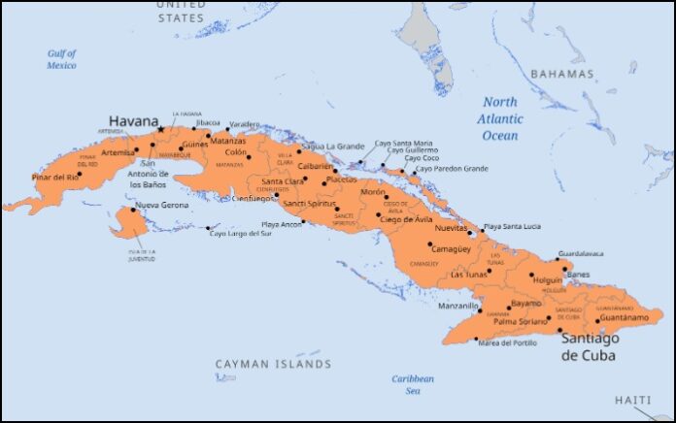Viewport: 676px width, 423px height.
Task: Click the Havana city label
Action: (132, 121)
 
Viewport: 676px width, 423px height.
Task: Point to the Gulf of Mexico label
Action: (61, 59)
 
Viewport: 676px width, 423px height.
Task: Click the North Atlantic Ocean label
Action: (501, 118)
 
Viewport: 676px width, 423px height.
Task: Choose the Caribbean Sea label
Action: (413, 384)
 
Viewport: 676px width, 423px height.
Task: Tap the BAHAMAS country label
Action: (561, 74)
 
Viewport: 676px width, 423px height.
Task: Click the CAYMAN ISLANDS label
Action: (273, 365)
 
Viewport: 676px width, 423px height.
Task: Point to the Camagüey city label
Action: (451, 248)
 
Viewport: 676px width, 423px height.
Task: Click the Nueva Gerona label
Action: (161, 206)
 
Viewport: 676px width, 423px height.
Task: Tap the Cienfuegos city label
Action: (254, 198)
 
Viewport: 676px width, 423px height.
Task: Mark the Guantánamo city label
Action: (625, 317)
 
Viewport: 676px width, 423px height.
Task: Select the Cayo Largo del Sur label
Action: (240, 233)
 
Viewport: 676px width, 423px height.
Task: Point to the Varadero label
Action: (245, 124)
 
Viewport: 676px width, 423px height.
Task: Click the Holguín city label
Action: (548, 279)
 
